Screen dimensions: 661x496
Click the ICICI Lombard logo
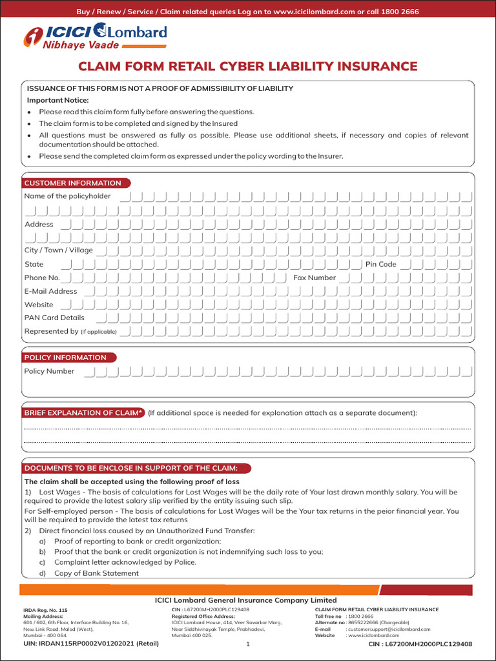(95, 34)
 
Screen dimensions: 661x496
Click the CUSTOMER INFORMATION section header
(72, 183)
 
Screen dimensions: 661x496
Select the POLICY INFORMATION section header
(65, 358)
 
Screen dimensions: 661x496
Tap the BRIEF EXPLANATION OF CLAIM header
(83, 412)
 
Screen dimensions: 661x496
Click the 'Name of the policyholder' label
(67, 196)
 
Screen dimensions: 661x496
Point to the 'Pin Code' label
(380, 264)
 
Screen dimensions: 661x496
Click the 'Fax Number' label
(315, 278)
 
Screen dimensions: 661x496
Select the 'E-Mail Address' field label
(50, 291)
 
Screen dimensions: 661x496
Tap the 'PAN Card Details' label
(54, 318)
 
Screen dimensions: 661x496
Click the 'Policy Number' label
(49, 371)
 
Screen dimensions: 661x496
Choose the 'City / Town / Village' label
(58, 250)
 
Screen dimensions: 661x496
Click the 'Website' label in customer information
(39, 305)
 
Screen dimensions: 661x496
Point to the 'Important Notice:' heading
(57, 100)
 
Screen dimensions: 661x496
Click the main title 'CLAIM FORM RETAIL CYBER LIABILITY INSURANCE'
(247, 66)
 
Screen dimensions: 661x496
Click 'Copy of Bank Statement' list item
(96, 573)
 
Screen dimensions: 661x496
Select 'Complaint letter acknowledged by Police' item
(125, 562)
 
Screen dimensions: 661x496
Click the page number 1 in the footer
(248, 644)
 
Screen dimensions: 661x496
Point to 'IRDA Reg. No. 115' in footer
(45, 609)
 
